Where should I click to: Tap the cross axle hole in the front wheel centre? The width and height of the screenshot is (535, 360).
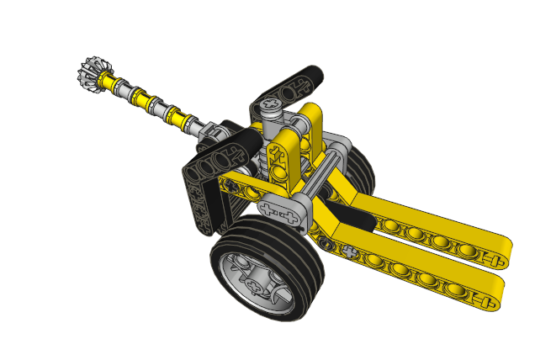click(252, 284)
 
